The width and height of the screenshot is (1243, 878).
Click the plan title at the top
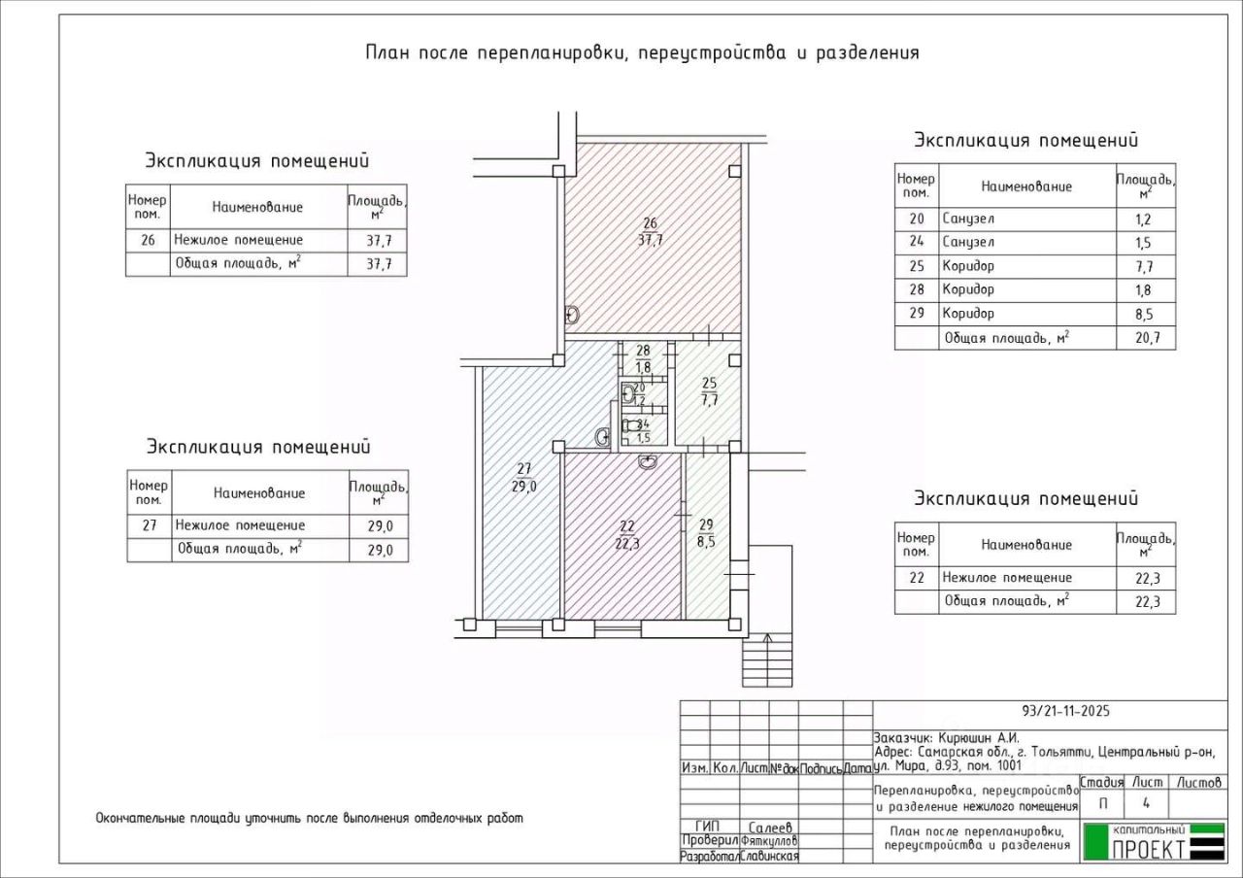coord(642,52)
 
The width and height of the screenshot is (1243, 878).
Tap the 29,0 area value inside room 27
coord(524,488)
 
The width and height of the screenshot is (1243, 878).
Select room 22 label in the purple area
coord(627,527)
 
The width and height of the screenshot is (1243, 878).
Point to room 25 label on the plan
coord(709,383)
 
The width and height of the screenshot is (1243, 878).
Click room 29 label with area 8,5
coord(706,524)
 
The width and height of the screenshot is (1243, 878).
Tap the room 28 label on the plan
coord(643,352)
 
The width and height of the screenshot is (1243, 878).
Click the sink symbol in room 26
coord(572,315)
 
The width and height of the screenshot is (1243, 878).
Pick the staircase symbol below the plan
coord(767,659)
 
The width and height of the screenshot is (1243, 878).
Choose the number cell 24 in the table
coord(916,243)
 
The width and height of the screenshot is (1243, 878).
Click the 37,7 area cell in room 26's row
coord(377,240)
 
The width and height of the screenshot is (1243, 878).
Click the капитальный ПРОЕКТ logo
coord(1153,841)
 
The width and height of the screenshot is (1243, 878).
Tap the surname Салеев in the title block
coord(769,827)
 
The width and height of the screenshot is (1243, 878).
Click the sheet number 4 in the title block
coord(1147,803)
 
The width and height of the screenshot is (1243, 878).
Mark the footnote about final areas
coord(309,818)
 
